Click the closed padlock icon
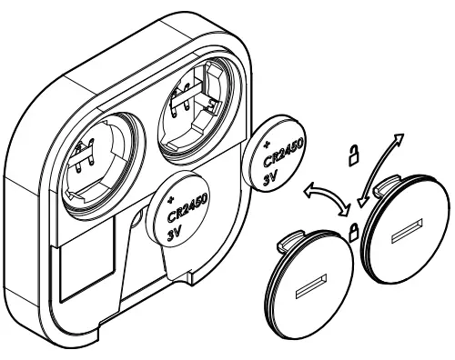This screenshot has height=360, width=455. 350,229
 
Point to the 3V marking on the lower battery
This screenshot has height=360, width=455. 178,230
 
